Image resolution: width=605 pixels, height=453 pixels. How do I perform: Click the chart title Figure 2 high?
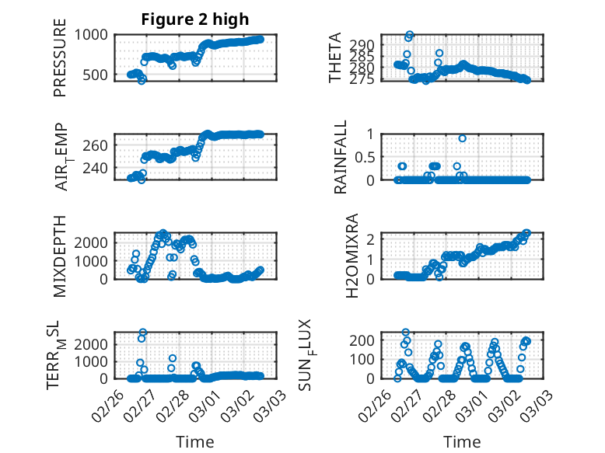[195, 19]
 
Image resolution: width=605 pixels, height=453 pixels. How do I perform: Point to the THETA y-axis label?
[335, 57]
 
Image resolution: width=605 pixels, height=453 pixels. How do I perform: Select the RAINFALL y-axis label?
[340, 157]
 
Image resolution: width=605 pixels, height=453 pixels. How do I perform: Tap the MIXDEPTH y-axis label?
[60, 255]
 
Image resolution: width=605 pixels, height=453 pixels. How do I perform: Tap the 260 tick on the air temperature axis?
[99, 145]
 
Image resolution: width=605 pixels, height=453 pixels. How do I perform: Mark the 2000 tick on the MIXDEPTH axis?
[95, 242]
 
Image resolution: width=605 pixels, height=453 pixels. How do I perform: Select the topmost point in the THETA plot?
[410, 35]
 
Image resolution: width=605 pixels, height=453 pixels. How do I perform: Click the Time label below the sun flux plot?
[462, 441]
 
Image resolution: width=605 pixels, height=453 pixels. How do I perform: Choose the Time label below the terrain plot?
[194, 441]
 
